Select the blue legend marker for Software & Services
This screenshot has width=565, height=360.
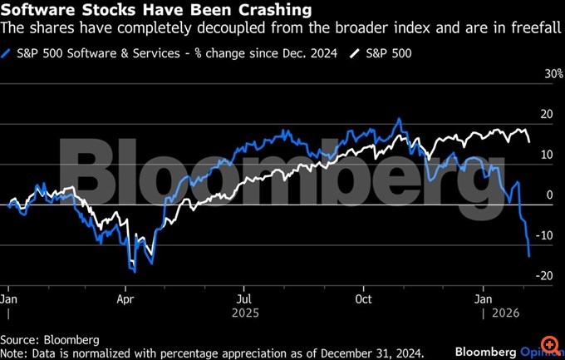click(8, 54)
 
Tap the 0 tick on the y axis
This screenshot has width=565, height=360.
click(548, 195)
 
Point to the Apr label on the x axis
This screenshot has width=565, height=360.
click(126, 297)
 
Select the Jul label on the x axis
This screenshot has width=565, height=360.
click(246, 297)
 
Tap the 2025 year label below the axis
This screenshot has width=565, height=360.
click(246, 313)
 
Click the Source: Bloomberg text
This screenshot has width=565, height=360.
click(50, 339)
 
